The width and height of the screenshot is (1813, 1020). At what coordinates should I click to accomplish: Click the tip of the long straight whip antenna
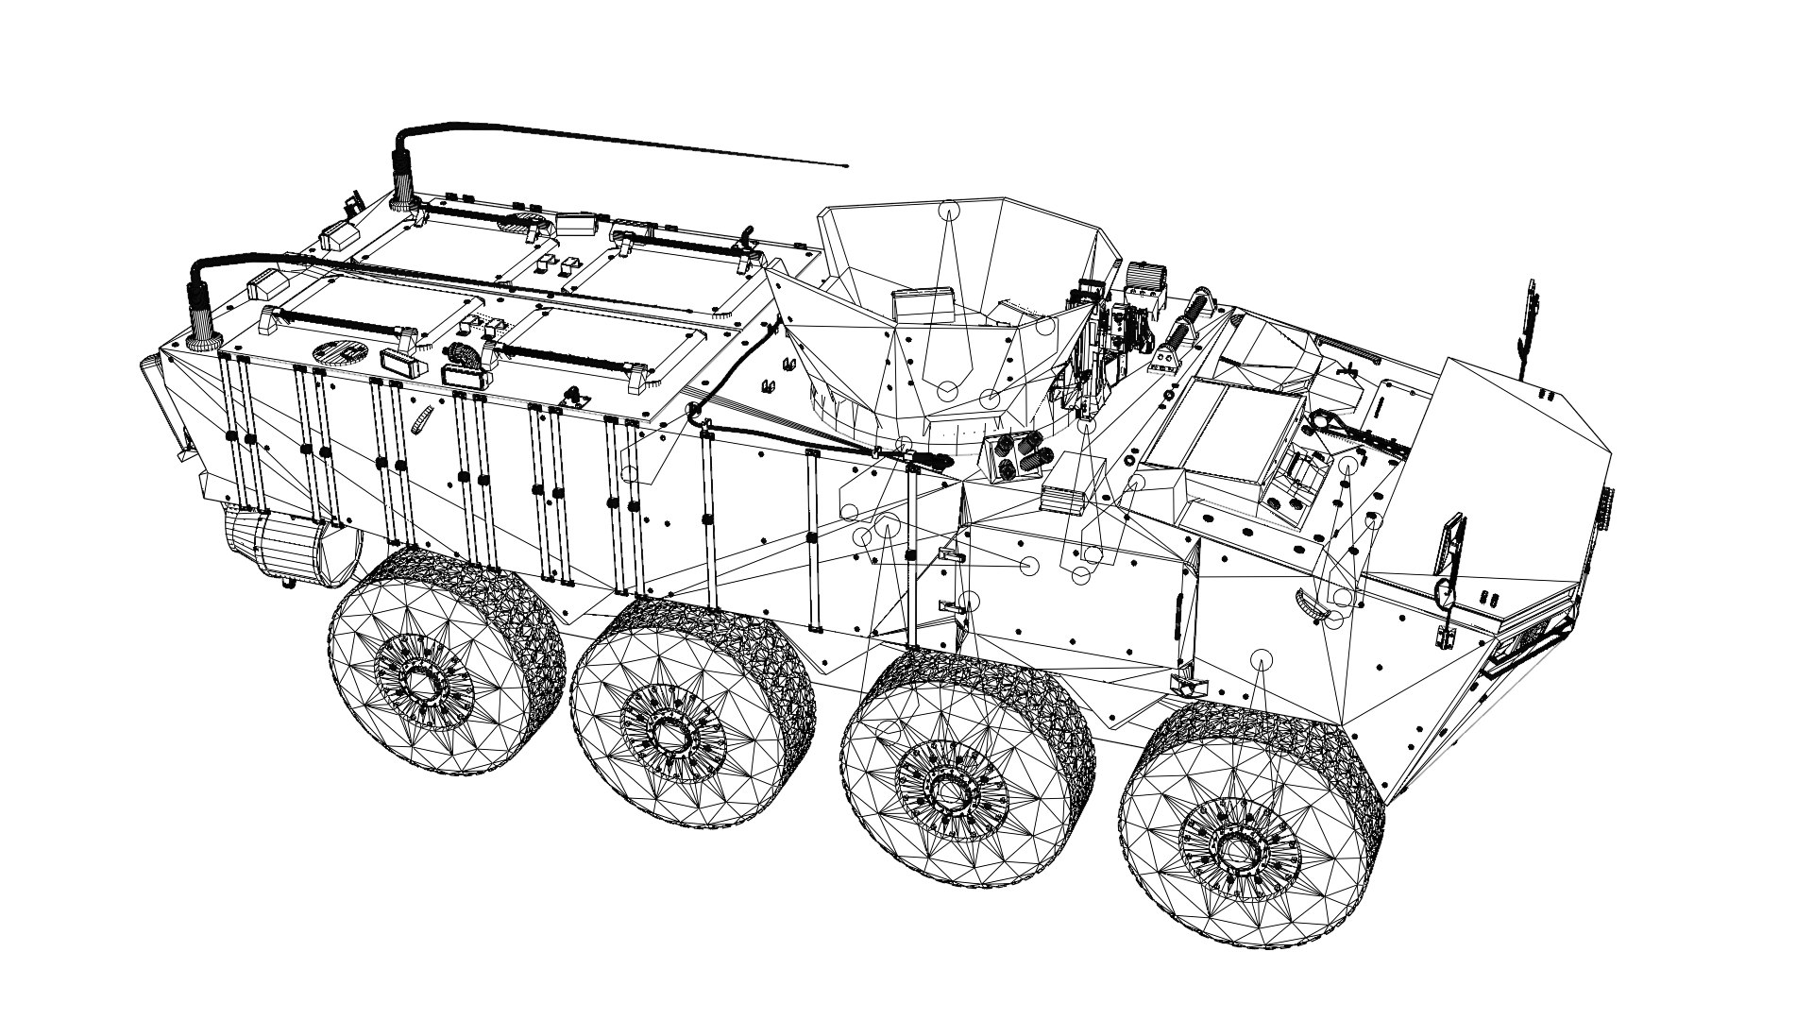click(x=846, y=165)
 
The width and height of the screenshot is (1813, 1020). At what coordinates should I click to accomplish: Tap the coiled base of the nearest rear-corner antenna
click(x=201, y=313)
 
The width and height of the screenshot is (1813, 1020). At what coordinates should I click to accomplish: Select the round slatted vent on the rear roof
click(x=339, y=351)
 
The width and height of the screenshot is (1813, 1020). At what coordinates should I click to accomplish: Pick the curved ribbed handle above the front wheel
click(x=1308, y=604)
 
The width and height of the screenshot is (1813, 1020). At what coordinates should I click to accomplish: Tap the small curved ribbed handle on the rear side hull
click(x=423, y=421)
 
